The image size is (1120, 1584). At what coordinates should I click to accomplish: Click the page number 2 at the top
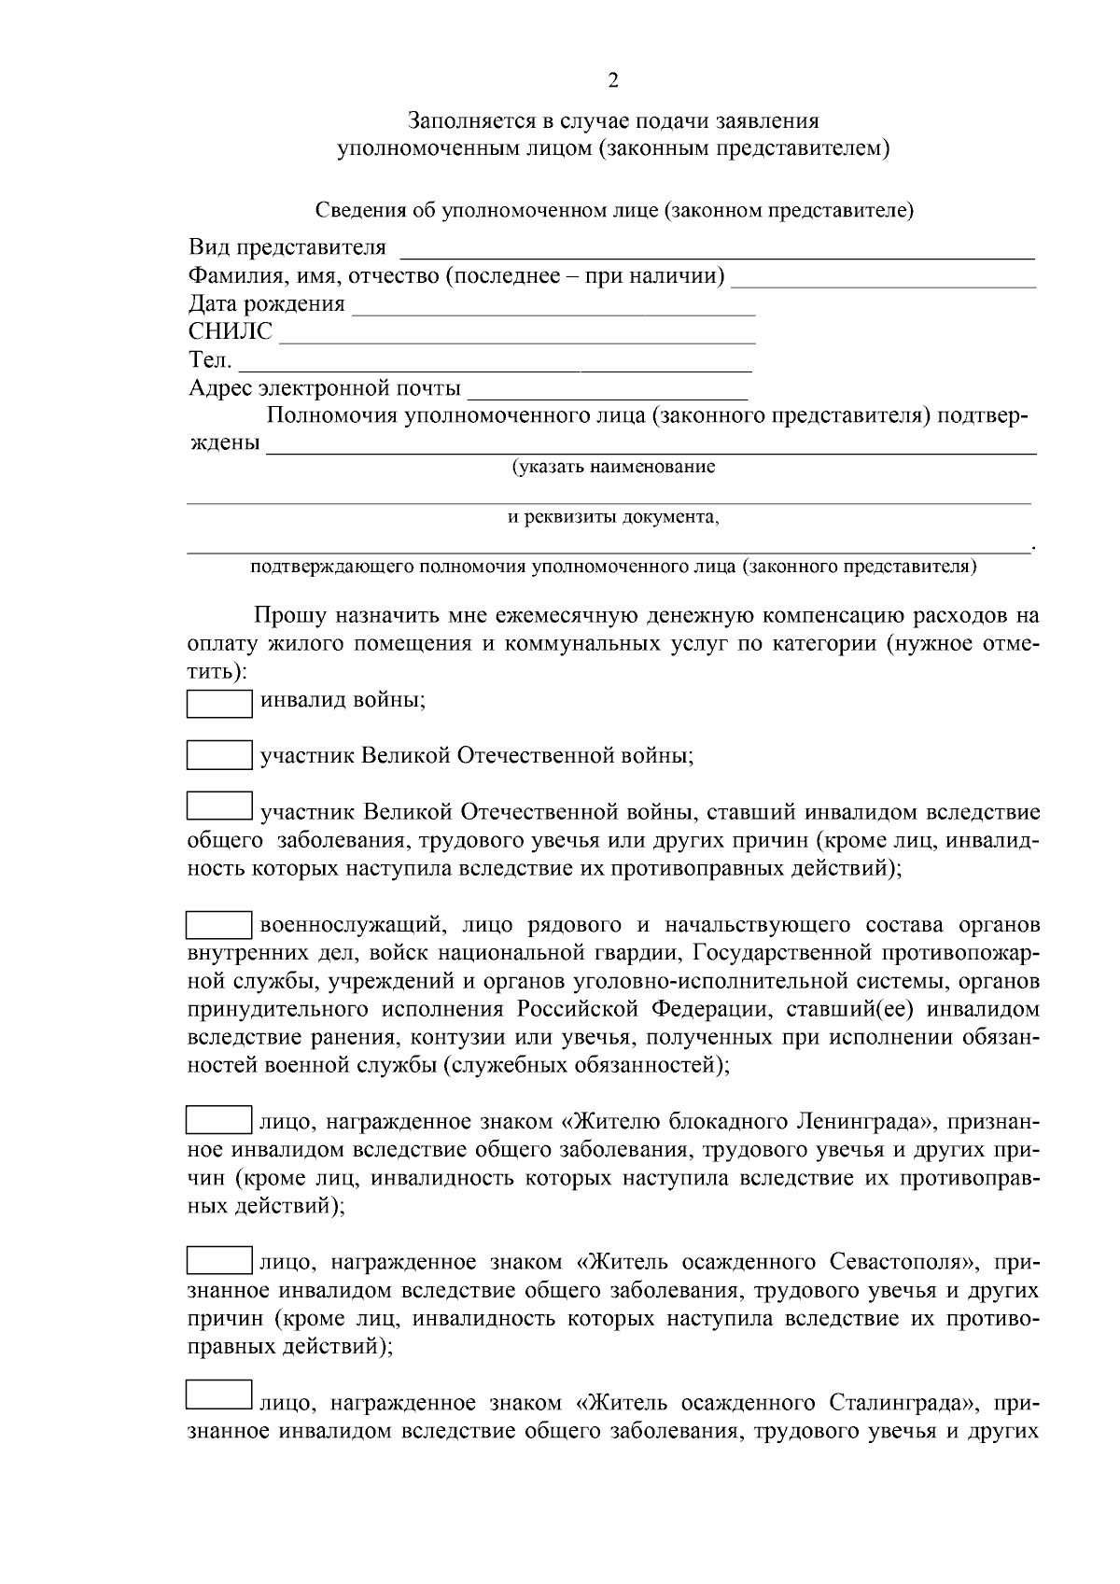click(612, 81)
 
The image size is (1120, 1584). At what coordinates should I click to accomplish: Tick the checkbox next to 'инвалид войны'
click(219, 703)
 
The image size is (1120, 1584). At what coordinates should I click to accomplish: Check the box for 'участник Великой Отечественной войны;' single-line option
click(219, 754)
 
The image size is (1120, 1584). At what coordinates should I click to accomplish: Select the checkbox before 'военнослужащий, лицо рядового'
click(219, 925)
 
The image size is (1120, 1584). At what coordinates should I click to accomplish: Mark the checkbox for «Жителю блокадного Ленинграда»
click(219, 1120)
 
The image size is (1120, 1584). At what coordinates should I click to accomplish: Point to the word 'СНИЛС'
click(231, 332)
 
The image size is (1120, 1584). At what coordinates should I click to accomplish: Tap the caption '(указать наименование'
click(612, 467)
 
